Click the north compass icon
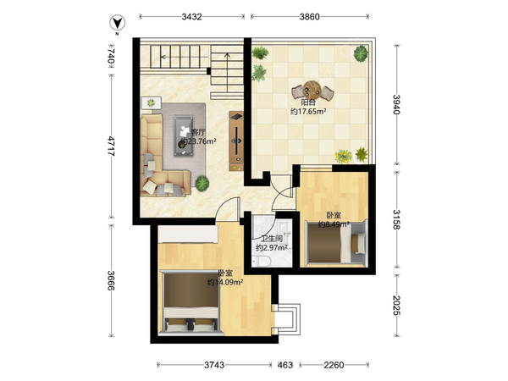pyautogui.click(x=117, y=24)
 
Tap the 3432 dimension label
pyautogui.click(x=192, y=17)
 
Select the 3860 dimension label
pyautogui.click(x=309, y=17)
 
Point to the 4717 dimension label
pyautogui.click(x=111, y=146)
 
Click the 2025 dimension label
pyautogui.click(x=397, y=305)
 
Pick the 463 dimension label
pyautogui.click(x=285, y=365)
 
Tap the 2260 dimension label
pyautogui.click(x=334, y=365)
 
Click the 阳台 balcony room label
pyautogui.click(x=308, y=102)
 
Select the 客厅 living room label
pyautogui.click(x=198, y=132)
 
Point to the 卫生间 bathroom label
pyautogui.click(x=272, y=239)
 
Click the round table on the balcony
pyautogui.click(x=312, y=90)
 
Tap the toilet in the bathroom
pyautogui.click(x=261, y=262)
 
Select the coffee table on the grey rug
pyautogui.click(x=184, y=136)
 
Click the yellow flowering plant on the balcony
pyautogui.click(x=344, y=157)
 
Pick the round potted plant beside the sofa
pyautogui.click(x=202, y=184)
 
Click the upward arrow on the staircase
pyautogui.click(x=227, y=72)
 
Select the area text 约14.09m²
pyautogui.click(x=225, y=283)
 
